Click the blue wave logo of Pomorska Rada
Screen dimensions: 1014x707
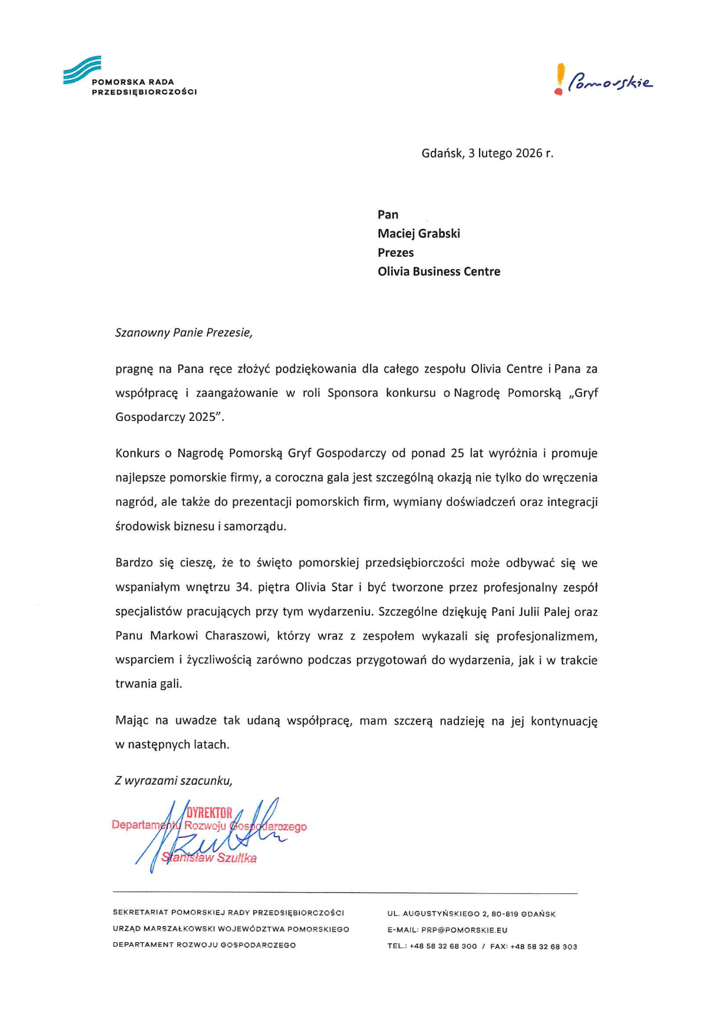[82, 70]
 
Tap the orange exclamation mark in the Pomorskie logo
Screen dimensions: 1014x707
[560, 79]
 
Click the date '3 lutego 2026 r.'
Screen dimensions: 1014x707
[510, 154]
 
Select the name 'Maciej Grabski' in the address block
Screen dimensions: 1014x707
[419, 234]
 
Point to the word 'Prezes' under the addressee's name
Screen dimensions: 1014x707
[396, 253]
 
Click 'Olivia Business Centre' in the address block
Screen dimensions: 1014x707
[439, 271]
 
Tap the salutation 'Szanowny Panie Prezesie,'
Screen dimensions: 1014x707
[184, 333]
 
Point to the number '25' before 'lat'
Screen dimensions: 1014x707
[457, 453]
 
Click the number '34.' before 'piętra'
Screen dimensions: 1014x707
[243, 588]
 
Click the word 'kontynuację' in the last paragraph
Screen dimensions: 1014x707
[564, 721]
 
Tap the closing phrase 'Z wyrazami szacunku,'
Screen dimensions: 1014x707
[174, 781]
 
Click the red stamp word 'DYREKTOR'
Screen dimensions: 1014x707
[209, 813]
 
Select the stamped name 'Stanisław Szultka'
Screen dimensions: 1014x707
[209, 858]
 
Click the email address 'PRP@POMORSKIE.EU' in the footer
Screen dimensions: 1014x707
[464, 930]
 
